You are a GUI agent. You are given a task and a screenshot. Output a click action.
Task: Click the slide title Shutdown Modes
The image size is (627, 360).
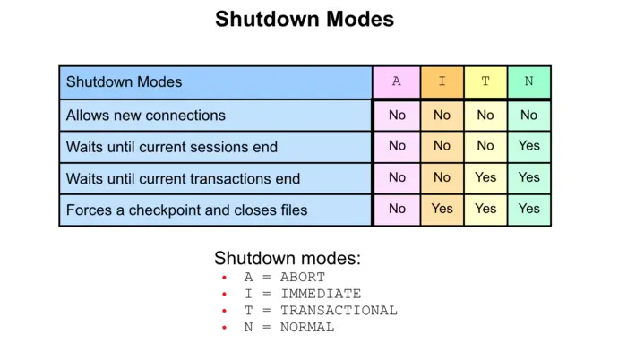(305, 19)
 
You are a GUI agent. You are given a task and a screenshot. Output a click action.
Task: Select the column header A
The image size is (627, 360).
(397, 81)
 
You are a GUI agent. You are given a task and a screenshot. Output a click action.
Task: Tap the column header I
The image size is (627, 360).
(442, 81)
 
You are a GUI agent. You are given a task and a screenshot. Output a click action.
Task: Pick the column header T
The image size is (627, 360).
(485, 81)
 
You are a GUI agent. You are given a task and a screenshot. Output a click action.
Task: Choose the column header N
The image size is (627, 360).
(528, 81)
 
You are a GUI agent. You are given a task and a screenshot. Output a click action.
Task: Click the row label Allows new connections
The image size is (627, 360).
(146, 116)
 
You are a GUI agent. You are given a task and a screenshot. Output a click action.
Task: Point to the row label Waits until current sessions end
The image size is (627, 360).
(172, 147)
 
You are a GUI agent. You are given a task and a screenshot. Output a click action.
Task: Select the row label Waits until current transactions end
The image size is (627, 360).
(183, 178)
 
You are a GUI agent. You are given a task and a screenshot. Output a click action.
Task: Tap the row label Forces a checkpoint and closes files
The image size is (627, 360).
(187, 210)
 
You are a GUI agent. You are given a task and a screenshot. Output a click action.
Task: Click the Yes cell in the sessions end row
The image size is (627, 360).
(528, 146)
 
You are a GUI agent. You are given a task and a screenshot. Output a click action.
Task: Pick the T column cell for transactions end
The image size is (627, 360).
(485, 177)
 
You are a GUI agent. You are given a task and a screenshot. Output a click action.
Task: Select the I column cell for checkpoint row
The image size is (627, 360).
(442, 209)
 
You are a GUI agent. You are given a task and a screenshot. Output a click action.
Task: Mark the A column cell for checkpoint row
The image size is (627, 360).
(397, 209)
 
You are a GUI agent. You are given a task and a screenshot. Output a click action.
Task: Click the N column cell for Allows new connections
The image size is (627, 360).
(528, 115)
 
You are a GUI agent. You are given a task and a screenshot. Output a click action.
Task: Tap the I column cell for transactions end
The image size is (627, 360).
(442, 177)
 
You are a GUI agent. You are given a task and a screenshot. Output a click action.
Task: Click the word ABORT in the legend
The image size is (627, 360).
(303, 278)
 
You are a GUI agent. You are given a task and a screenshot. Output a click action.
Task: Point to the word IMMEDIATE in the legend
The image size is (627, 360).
(321, 294)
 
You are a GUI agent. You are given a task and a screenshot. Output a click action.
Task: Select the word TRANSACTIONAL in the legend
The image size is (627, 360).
(339, 311)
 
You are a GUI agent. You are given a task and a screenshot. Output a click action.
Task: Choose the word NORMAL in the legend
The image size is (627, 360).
(307, 328)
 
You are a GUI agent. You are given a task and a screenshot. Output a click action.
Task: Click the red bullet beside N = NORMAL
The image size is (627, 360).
(225, 328)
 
